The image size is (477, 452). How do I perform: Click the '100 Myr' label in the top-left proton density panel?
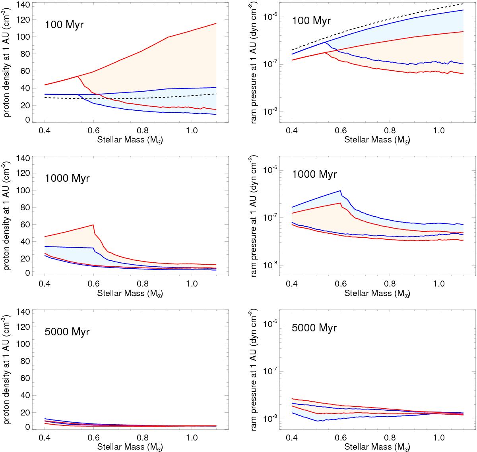[64, 25]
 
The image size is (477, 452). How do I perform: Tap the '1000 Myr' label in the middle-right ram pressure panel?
[314, 174]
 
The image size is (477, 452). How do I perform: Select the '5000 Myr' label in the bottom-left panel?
[67, 332]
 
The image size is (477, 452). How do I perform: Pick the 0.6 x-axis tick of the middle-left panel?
[94, 284]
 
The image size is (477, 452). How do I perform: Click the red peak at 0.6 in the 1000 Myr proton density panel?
[93, 225]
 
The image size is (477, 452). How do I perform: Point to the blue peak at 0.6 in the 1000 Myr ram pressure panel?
[341, 191]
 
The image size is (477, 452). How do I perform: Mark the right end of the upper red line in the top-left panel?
[216, 23]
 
